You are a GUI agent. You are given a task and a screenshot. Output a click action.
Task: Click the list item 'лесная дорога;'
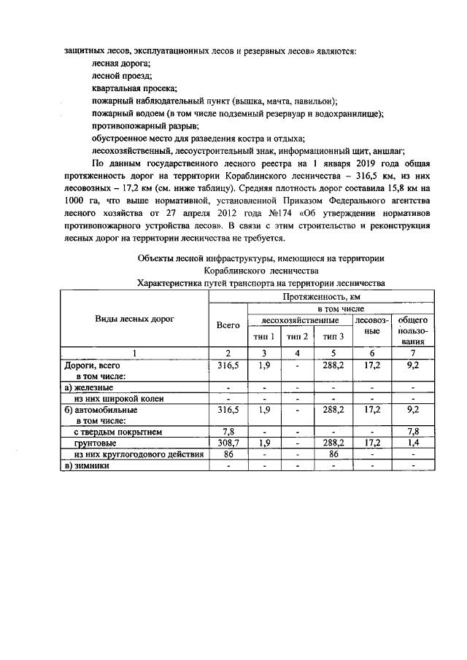(121, 65)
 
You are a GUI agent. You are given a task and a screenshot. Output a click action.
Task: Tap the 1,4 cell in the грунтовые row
(413, 443)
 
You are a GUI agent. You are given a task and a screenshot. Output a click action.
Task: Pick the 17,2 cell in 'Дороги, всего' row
(372, 365)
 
